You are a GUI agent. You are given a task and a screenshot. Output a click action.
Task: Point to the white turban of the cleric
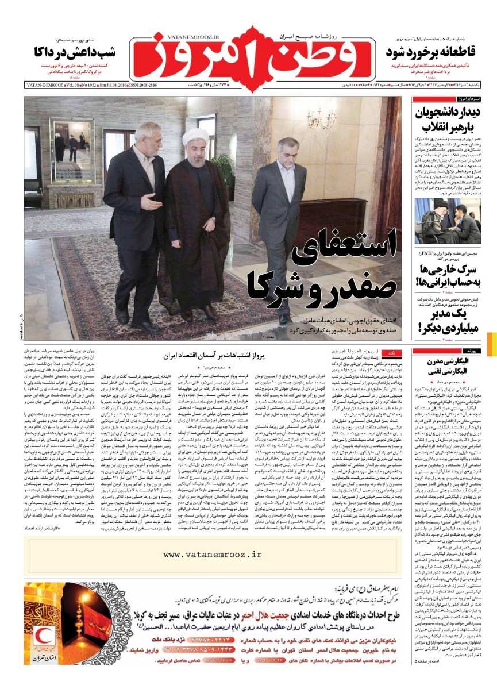195,137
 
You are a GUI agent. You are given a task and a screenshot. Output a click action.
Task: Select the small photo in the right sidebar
448,221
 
